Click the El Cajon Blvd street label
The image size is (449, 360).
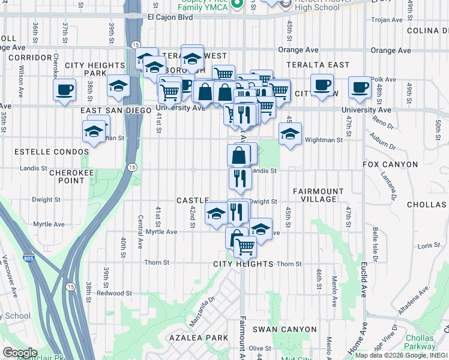(170, 17)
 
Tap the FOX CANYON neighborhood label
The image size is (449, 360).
(390, 164)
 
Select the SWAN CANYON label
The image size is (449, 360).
(284, 329)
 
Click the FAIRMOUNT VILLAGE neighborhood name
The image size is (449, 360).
(318, 195)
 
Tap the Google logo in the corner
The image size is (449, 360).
(20, 353)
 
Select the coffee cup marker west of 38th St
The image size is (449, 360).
(64, 91)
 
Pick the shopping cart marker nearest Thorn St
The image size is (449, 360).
(245, 245)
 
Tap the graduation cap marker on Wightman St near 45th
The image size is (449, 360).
(290, 134)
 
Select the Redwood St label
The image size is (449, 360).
(114, 293)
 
